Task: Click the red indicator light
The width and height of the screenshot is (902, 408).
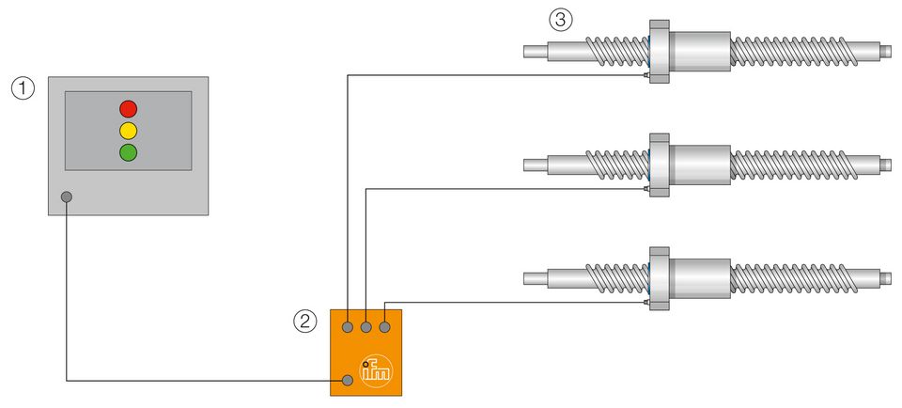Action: click(x=128, y=108)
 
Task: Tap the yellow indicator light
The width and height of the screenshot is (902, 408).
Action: click(x=128, y=130)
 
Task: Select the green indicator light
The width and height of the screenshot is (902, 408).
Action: click(x=128, y=151)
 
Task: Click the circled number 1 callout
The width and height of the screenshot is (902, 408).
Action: click(x=23, y=88)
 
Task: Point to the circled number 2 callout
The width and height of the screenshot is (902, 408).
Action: click(x=304, y=322)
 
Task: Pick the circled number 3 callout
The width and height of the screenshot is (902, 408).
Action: click(x=560, y=19)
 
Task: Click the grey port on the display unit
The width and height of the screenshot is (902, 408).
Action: click(x=67, y=197)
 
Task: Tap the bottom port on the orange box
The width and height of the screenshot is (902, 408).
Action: click(x=349, y=380)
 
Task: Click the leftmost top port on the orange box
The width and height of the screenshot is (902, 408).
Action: click(x=349, y=327)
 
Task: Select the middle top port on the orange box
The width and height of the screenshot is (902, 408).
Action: click(x=366, y=327)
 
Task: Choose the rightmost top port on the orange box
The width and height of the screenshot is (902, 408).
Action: click(x=384, y=327)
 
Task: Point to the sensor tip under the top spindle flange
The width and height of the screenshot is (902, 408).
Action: click(x=646, y=75)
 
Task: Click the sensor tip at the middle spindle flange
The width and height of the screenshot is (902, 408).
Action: click(x=646, y=189)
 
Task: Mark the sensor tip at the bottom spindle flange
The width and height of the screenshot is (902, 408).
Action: click(x=646, y=303)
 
